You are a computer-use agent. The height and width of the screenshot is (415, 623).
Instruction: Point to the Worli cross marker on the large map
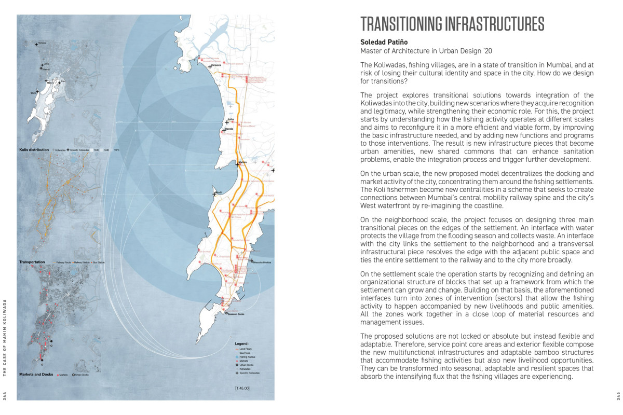click(214, 194)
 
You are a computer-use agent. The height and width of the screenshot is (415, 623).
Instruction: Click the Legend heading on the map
click(241, 343)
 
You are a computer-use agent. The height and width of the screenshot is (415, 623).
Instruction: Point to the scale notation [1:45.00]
click(242, 388)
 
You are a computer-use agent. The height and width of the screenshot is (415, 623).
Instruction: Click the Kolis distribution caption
click(34, 149)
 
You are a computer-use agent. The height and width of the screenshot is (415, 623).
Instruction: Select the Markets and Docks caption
click(36, 374)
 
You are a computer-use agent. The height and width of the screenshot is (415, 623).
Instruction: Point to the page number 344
click(5, 396)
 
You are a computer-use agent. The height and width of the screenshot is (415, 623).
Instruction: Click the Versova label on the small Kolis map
click(42, 43)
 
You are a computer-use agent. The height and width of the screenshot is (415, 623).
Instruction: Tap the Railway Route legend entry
click(64, 263)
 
